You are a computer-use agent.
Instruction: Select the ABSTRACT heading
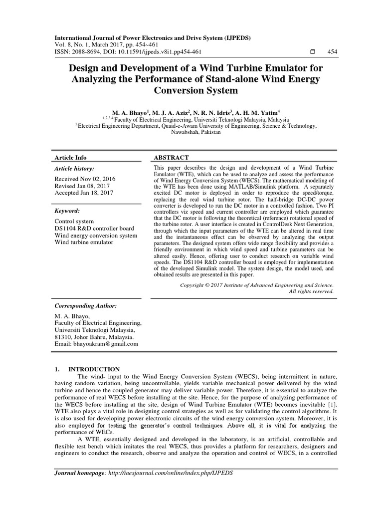pyautogui.click(x=171, y=157)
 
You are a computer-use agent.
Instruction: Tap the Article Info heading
pyautogui.click(x=70, y=157)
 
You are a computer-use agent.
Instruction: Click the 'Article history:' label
pyautogui.click(x=74, y=169)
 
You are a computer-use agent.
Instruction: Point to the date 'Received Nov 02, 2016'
pyautogui.click(x=85, y=178)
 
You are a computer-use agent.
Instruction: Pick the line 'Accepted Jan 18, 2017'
pyautogui.click(x=83, y=193)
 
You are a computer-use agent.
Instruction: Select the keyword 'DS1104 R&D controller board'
pyautogui.click(x=92, y=228)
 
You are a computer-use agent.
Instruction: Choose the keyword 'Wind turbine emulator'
pyautogui.click(x=83, y=242)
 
